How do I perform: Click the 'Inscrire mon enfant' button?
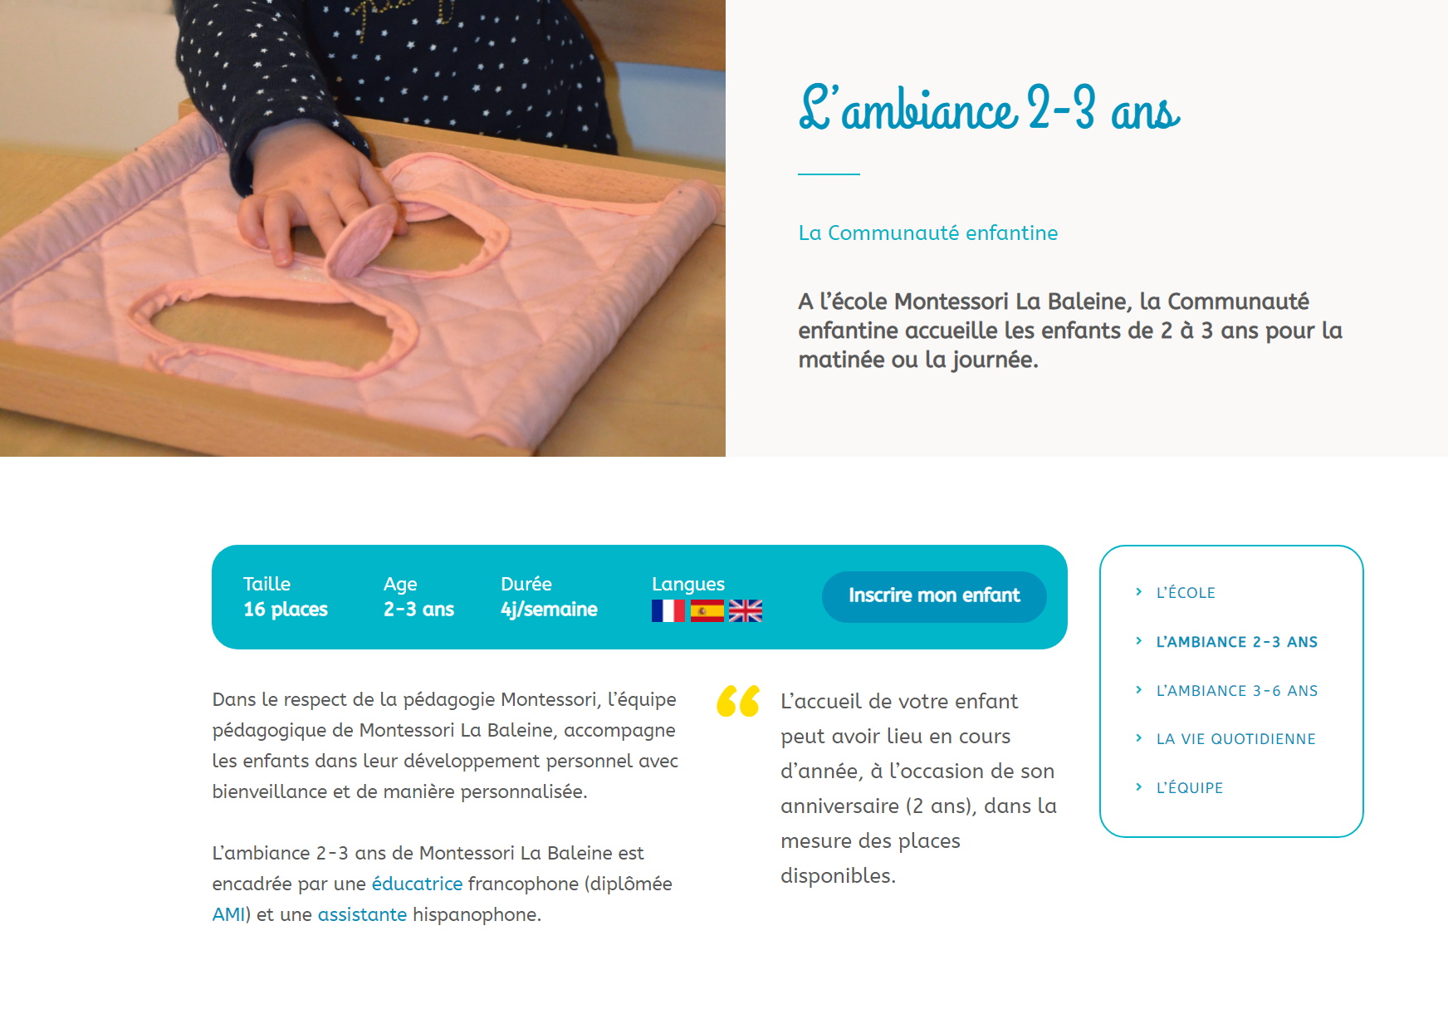[x=934, y=596]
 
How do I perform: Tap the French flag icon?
[x=668, y=611]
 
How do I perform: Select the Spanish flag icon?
[x=707, y=611]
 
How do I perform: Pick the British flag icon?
[x=746, y=611]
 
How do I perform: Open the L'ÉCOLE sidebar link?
[x=1186, y=593]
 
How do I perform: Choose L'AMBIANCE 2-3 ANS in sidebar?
[x=1237, y=642]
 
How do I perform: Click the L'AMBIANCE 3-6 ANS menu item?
[x=1237, y=691]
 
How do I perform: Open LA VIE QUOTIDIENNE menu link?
[x=1235, y=739]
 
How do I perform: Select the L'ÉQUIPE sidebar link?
[x=1190, y=788]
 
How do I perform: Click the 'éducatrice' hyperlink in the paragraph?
[x=417, y=884]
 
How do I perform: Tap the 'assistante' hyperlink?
[x=362, y=914]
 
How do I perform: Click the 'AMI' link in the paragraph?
[x=228, y=914]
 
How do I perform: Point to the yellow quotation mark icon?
[x=738, y=701]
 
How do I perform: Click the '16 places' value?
[x=286, y=610]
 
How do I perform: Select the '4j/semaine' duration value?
[x=549, y=610]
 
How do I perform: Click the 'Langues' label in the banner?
[x=688, y=585]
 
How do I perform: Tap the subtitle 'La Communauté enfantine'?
[x=928, y=233]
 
